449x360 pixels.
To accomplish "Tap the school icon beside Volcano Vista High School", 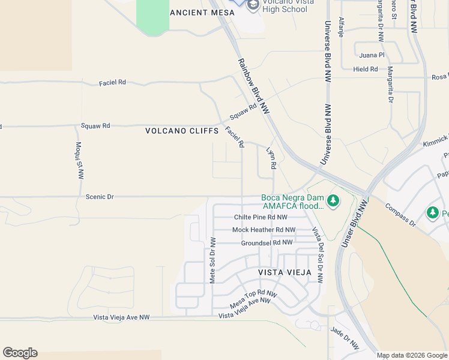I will (252, 5).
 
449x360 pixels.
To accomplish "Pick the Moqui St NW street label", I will (79, 161).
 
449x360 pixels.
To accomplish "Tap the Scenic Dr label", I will (100, 197).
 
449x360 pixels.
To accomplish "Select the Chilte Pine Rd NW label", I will (261, 217).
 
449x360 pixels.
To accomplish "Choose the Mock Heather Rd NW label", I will (264, 230).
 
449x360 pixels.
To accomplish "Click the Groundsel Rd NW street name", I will (266, 242).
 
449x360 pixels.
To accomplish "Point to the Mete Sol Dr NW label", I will (212, 261).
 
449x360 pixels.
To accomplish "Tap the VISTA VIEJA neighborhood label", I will (285, 272).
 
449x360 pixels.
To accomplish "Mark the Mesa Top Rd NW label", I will (255, 298).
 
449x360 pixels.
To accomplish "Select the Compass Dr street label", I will (400, 215).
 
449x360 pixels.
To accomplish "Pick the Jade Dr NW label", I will (345, 338).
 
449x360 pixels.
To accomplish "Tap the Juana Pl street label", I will (372, 55).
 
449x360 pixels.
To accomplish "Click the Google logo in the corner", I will (20, 353).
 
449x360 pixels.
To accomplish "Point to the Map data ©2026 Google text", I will (411, 355).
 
